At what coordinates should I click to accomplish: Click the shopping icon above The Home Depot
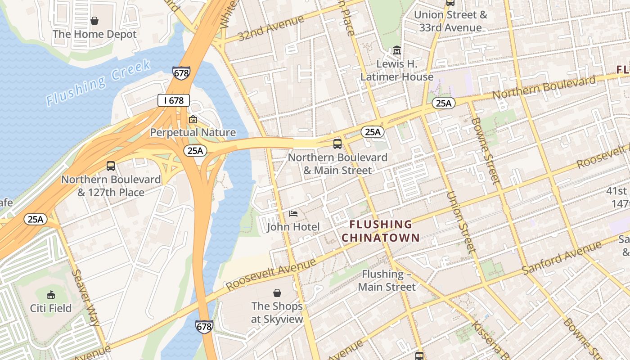(x=94, y=21)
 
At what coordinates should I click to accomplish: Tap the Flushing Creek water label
(x=99, y=83)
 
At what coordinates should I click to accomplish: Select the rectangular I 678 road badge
(x=173, y=100)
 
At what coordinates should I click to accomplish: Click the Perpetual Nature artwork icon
(x=193, y=119)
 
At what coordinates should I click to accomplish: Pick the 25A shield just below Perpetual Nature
(x=195, y=150)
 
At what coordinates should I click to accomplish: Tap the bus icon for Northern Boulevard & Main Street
(x=337, y=144)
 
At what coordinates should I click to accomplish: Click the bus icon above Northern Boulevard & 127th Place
(x=111, y=166)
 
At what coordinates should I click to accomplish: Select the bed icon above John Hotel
(x=293, y=213)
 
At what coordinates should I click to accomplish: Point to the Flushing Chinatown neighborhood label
(x=380, y=230)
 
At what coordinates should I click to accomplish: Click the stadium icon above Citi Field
(x=51, y=295)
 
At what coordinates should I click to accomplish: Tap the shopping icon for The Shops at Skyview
(x=277, y=293)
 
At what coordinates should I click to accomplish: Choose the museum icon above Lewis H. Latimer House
(x=396, y=50)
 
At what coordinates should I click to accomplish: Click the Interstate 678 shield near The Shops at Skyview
(x=204, y=326)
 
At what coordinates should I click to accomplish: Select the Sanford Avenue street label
(x=562, y=258)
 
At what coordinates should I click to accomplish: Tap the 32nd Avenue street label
(x=271, y=28)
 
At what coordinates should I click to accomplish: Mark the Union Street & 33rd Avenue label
(x=450, y=21)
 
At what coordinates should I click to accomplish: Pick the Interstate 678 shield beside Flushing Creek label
(x=181, y=73)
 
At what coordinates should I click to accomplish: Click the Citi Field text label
(x=51, y=308)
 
